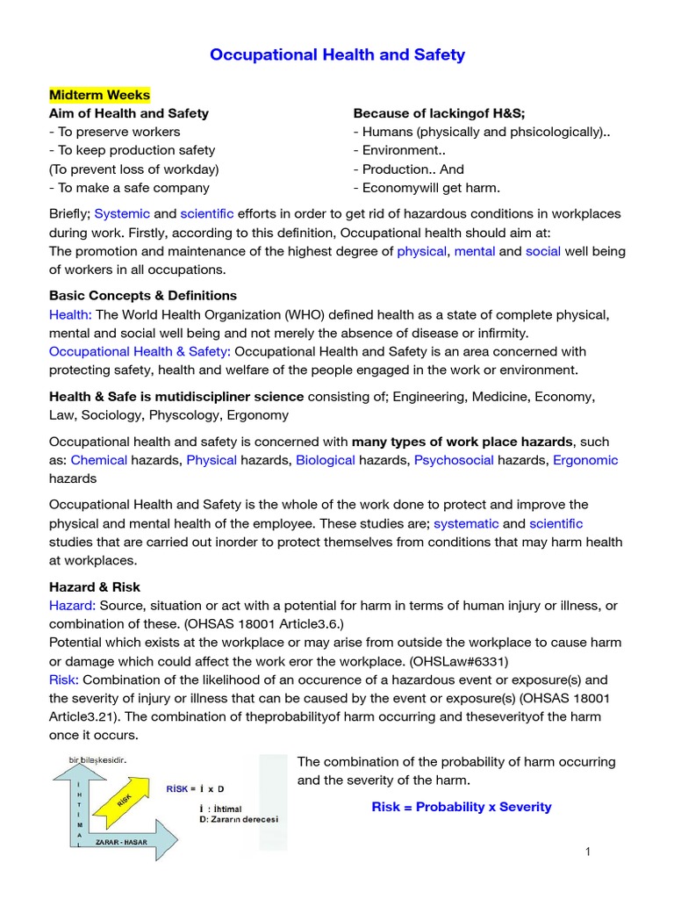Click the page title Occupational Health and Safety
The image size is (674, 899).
[x=337, y=55]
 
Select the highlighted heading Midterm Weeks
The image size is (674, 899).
[x=99, y=95]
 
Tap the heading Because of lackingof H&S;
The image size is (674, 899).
[x=439, y=113]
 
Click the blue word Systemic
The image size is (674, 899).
[x=122, y=213]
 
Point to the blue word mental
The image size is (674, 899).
[x=475, y=251]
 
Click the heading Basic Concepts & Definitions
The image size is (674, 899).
[x=142, y=295]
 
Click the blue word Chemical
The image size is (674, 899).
[x=99, y=460]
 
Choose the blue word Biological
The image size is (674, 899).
[x=326, y=460]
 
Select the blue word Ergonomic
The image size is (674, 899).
[x=585, y=460]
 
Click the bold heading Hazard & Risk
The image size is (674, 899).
[x=95, y=586]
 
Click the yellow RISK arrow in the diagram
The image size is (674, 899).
[x=121, y=800]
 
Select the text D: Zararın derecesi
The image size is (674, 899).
[x=239, y=819]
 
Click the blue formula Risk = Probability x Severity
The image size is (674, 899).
[x=462, y=807]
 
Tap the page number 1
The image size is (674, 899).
[x=589, y=852]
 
